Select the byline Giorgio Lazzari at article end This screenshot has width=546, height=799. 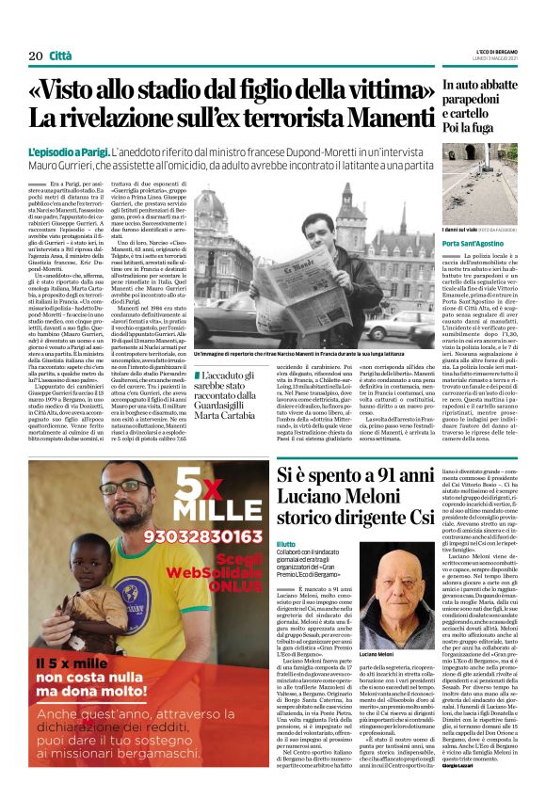pos(460,766)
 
